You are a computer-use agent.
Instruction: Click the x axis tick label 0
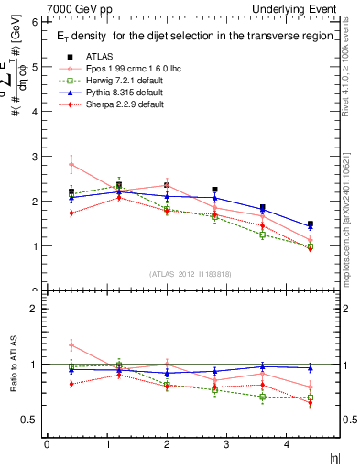[x=47, y=445]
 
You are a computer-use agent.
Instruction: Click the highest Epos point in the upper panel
[x=71, y=165]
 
